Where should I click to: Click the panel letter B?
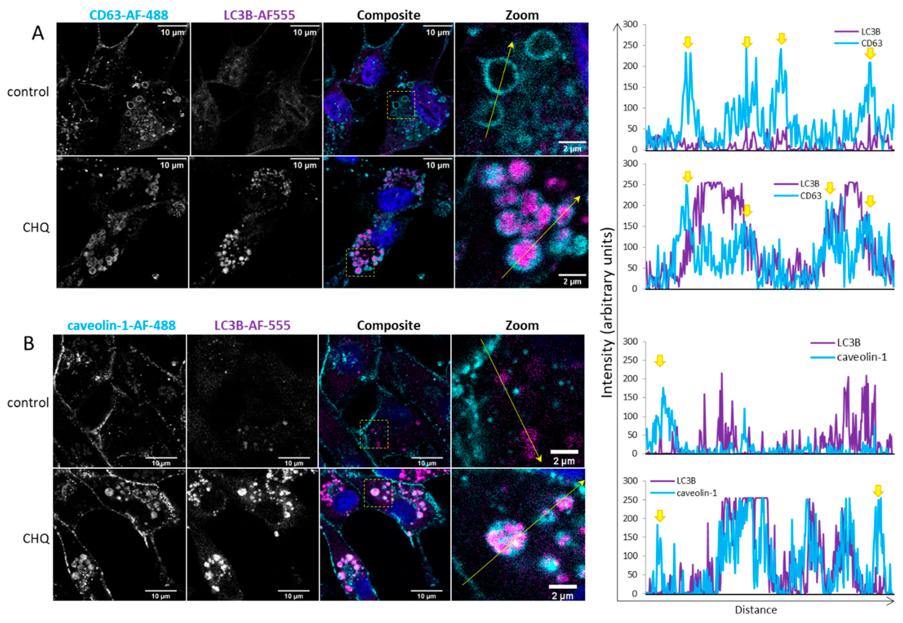pyautogui.click(x=29, y=344)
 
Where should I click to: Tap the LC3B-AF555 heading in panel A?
pyautogui.click(x=259, y=15)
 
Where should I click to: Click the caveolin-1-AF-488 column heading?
pyautogui.click(x=122, y=325)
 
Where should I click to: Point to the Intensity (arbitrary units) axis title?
pyautogui.click(x=607, y=312)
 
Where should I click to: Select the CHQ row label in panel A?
pyautogui.click(x=36, y=227)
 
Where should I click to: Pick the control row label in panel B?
pyautogui.click(x=28, y=402)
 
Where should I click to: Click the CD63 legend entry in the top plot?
pyautogui.click(x=871, y=43)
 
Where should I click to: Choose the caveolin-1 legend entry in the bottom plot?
pyautogui.click(x=696, y=493)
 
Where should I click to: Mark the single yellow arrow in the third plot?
pyautogui.click(x=659, y=361)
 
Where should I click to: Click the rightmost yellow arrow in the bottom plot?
pyautogui.click(x=878, y=491)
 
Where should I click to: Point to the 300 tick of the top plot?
pyautogui.click(x=630, y=24)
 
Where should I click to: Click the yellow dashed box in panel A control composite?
pyautogui.click(x=401, y=105)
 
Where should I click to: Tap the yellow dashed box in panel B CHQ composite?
pyautogui.click(x=378, y=493)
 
